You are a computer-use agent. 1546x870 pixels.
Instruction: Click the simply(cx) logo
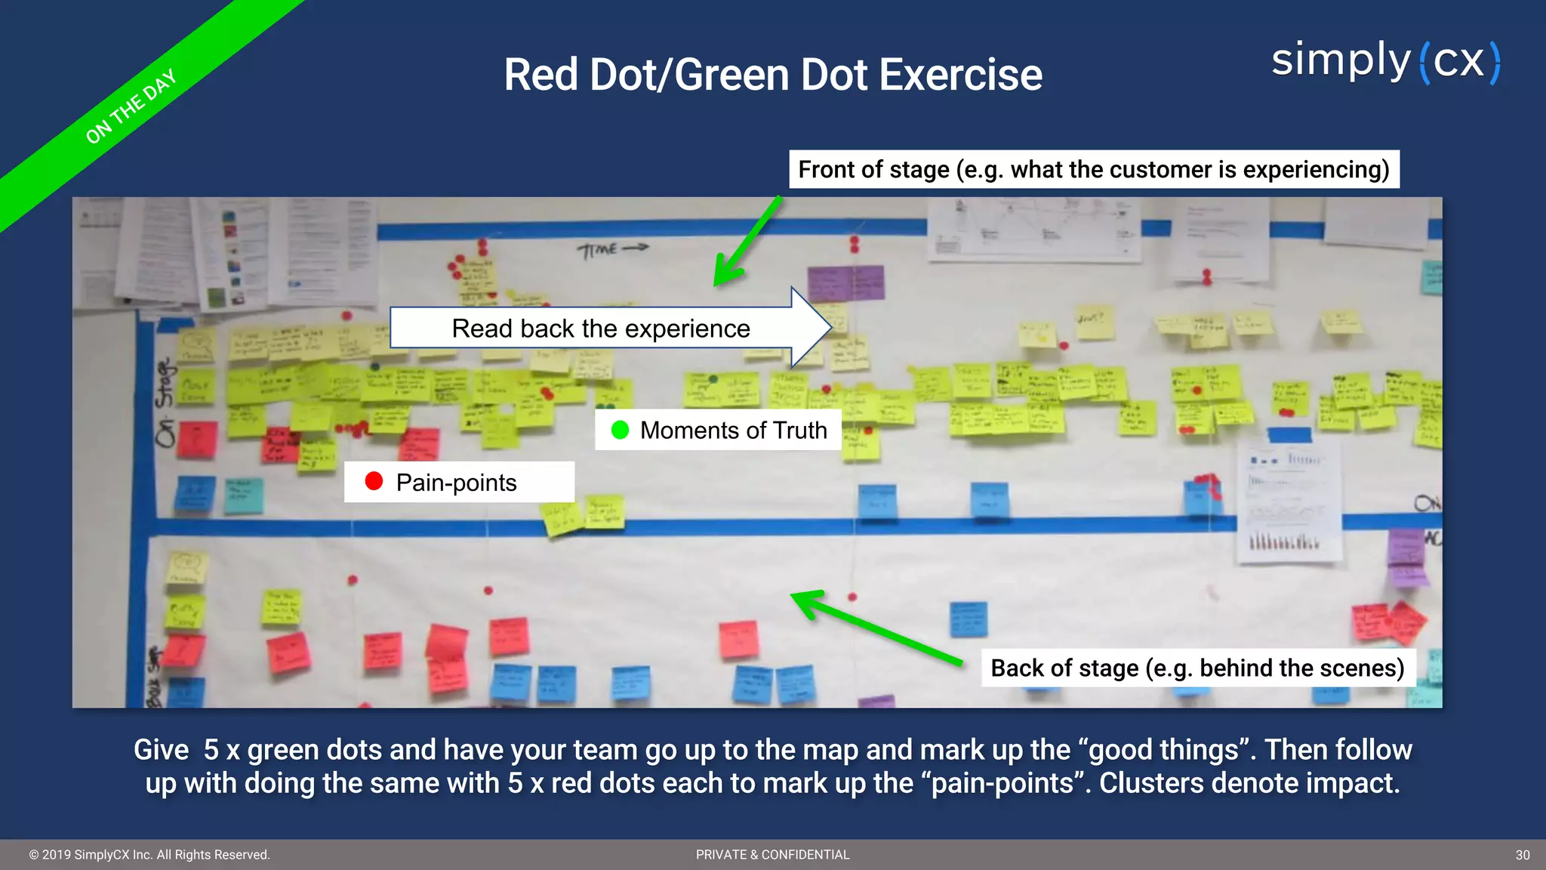(x=1386, y=62)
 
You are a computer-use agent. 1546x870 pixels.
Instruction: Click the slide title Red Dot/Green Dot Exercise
(x=772, y=75)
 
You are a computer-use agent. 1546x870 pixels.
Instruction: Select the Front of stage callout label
(x=1093, y=169)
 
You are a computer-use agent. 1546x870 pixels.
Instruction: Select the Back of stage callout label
(x=1197, y=668)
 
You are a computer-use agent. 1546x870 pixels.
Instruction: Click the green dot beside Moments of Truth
(x=620, y=430)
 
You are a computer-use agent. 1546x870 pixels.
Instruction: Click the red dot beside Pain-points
(x=374, y=481)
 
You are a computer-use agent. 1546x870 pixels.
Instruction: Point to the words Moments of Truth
(x=733, y=430)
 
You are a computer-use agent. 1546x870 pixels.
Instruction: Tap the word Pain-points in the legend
(x=456, y=483)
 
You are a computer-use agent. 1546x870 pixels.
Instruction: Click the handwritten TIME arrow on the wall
(x=611, y=248)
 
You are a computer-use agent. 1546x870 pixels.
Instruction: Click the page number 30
(x=1522, y=855)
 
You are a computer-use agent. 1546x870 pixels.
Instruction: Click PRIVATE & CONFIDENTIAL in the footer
(x=772, y=855)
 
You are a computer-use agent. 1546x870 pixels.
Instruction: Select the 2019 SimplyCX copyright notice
(x=149, y=855)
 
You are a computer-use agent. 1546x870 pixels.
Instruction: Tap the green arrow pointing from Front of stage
(x=747, y=242)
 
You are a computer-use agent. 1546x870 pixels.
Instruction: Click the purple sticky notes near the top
(x=845, y=283)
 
